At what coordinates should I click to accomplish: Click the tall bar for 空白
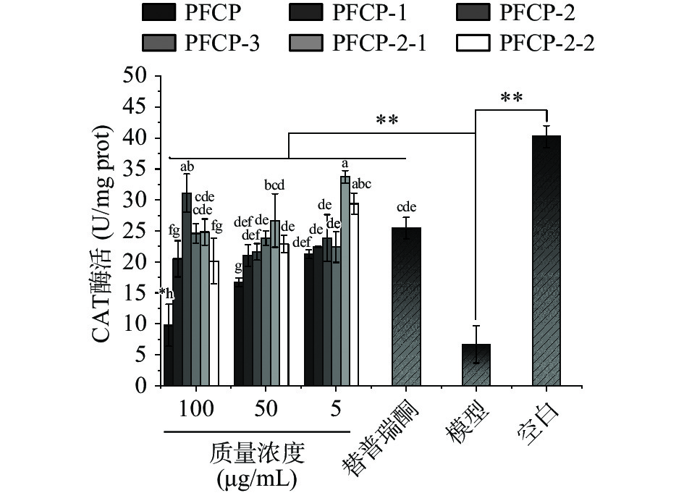[546, 261]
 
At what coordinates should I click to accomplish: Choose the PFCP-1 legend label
[380, 12]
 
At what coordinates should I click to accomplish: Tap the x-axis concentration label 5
[335, 410]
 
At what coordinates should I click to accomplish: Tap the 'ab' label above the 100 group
[187, 167]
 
